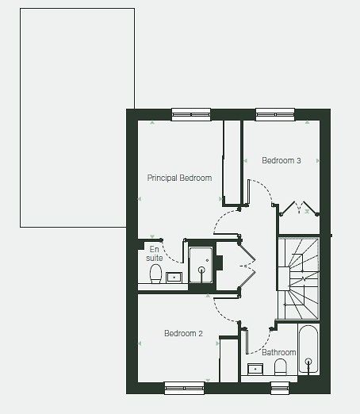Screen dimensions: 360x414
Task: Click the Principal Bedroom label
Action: [179, 178]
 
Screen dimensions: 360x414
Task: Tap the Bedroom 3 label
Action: [281, 160]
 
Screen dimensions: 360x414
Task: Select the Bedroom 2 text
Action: [183, 333]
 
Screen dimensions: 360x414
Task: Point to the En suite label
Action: [155, 253]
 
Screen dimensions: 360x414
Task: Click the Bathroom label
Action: [278, 352]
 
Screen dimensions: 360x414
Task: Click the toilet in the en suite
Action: [155, 274]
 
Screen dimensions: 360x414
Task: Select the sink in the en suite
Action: [174, 278]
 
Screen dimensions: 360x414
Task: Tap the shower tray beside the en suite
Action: [201, 265]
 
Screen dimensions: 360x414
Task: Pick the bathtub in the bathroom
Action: [308, 350]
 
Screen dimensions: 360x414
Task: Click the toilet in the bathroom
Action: [280, 366]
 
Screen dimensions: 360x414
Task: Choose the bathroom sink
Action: [255, 369]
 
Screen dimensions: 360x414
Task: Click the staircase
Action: [298, 278]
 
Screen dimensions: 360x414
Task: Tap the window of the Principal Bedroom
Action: [191, 114]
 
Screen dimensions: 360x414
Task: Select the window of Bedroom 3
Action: [275, 114]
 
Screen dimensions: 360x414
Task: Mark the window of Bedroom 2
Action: [184, 388]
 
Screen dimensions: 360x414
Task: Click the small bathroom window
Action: [280, 388]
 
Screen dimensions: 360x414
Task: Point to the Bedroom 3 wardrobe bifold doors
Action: [299, 208]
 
